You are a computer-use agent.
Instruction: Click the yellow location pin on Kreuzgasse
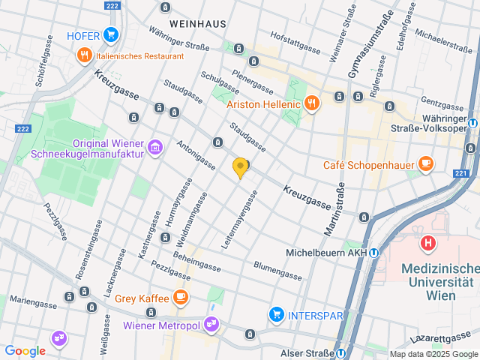click(x=240, y=167)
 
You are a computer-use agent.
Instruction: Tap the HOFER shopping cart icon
click(x=111, y=34)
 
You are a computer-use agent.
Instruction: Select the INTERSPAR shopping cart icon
click(x=277, y=313)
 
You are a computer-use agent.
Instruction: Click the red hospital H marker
click(x=428, y=243)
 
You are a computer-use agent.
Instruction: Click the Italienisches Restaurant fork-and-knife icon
click(x=84, y=55)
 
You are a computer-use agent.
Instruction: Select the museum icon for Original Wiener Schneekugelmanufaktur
click(x=155, y=147)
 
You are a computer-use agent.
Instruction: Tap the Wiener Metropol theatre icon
click(x=212, y=325)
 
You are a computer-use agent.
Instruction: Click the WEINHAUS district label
click(x=198, y=24)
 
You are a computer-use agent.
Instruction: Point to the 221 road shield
click(x=460, y=174)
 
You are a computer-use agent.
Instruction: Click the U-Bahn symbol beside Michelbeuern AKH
click(x=374, y=252)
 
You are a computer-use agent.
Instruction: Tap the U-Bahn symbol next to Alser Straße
click(x=341, y=353)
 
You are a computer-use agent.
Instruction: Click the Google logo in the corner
click(x=25, y=350)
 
